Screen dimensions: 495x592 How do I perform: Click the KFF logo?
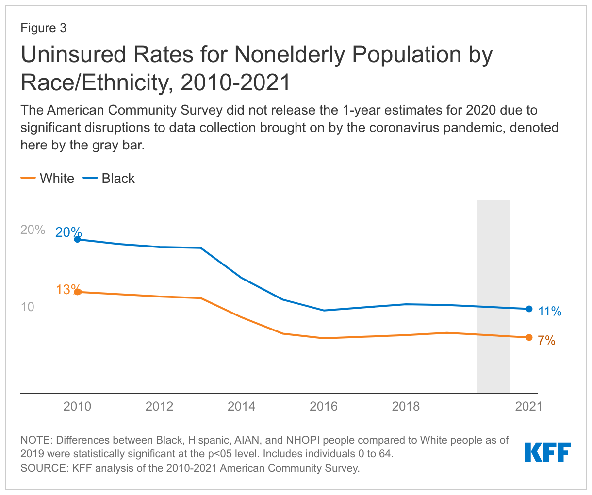point(547,452)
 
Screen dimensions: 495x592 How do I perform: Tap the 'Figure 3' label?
point(43,28)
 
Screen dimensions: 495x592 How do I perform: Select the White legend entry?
point(48,178)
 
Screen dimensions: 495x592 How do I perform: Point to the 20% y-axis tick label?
point(33,230)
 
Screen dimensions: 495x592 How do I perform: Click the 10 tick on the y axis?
point(28,307)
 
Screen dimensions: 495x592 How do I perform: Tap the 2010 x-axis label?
point(77,406)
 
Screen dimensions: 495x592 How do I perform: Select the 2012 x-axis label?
point(159,406)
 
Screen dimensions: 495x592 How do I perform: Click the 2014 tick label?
point(241,406)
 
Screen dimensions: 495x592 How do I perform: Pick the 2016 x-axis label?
point(324,406)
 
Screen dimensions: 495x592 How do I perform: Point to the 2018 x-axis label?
point(406,406)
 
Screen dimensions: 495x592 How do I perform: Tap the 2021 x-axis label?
point(528,406)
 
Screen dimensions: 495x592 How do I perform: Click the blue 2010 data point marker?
point(77,239)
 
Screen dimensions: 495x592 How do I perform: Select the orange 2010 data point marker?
point(77,292)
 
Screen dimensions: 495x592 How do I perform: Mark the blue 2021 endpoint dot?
point(529,309)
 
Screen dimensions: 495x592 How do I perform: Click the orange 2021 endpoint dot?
point(529,337)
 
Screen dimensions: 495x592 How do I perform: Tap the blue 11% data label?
point(550,312)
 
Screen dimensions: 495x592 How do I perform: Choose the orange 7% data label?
point(546,341)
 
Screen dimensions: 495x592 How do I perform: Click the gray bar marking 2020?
point(493,296)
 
